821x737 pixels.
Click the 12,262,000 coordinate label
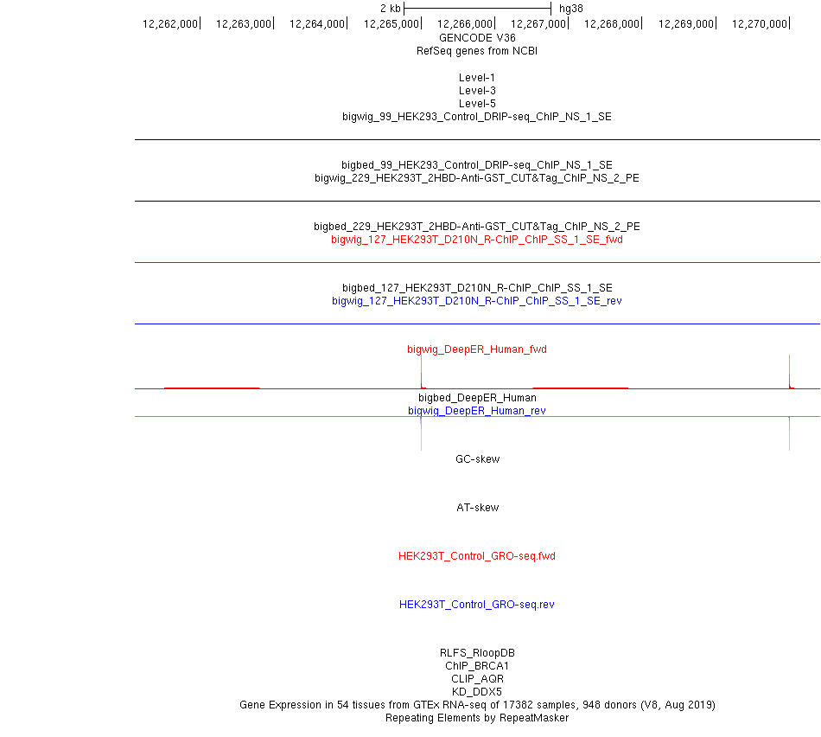coord(170,23)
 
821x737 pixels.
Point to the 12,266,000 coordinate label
coord(465,23)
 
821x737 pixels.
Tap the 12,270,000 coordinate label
coord(759,23)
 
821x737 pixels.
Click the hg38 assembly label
coord(570,8)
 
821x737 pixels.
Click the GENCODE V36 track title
coord(477,38)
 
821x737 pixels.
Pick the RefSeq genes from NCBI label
coord(477,51)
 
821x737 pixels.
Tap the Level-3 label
coord(477,91)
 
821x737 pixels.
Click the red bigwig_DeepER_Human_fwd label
coord(477,349)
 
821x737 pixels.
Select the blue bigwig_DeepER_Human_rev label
coord(477,411)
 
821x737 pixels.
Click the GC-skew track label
coord(477,459)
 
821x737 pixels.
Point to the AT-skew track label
coord(477,508)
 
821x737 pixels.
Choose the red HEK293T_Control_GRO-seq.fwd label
coord(477,556)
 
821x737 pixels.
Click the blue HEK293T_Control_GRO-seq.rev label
coord(477,605)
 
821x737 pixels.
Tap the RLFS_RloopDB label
coord(477,653)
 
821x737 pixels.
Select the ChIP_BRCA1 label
coord(477,666)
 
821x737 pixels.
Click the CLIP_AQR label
coord(477,679)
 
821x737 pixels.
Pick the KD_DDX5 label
coord(477,692)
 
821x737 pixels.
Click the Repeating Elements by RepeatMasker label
coord(477,718)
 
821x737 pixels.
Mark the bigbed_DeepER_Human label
coord(477,398)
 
